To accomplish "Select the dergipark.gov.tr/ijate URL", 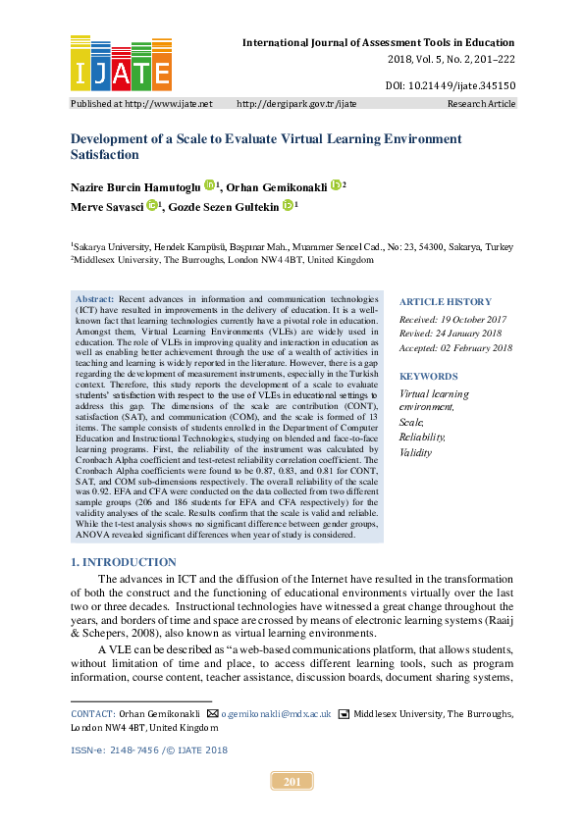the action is (x=297, y=103).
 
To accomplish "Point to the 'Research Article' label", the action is (x=481, y=103).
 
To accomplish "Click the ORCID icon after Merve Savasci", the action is (x=152, y=206).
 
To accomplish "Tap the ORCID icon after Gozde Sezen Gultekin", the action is (x=288, y=206).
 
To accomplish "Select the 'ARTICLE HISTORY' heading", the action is (x=444, y=301).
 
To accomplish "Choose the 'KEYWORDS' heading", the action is (x=428, y=377).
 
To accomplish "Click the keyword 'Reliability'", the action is (x=422, y=437).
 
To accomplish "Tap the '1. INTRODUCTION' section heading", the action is (x=124, y=562).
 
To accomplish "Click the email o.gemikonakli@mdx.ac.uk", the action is (x=275, y=714).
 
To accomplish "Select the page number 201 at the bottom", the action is (x=292, y=782).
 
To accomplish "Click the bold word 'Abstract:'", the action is (x=95, y=297).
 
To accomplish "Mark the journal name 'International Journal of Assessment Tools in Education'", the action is (x=378, y=42).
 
